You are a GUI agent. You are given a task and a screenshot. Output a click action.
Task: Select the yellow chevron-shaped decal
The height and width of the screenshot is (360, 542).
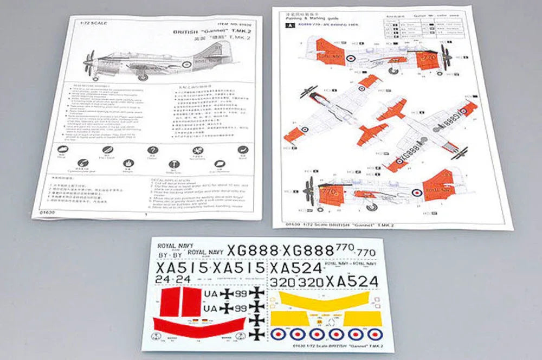coord(324,300)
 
